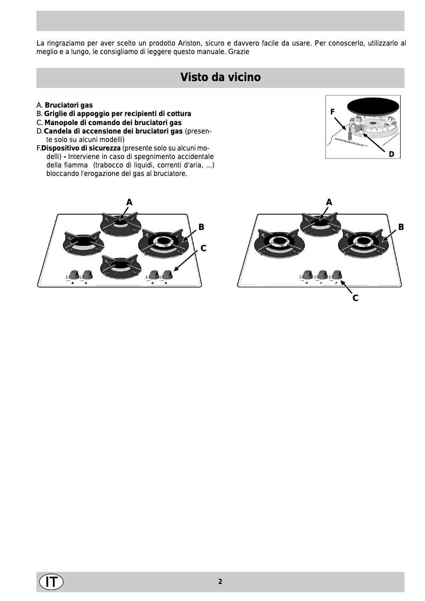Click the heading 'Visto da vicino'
click(220, 77)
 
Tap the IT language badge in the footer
click(51, 581)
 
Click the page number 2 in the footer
click(220, 581)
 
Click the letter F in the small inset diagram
click(332, 112)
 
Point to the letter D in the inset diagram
click(391, 154)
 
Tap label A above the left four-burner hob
click(129, 202)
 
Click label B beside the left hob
click(201, 227)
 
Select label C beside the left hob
click(203, 248)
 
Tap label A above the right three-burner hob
click(329, 202)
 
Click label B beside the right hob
click(401, 227)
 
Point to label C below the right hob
click(355, 298)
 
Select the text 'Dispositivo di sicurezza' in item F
click(81, 148)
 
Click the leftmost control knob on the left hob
click(73, 274)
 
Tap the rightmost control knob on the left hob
click(168, 274)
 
